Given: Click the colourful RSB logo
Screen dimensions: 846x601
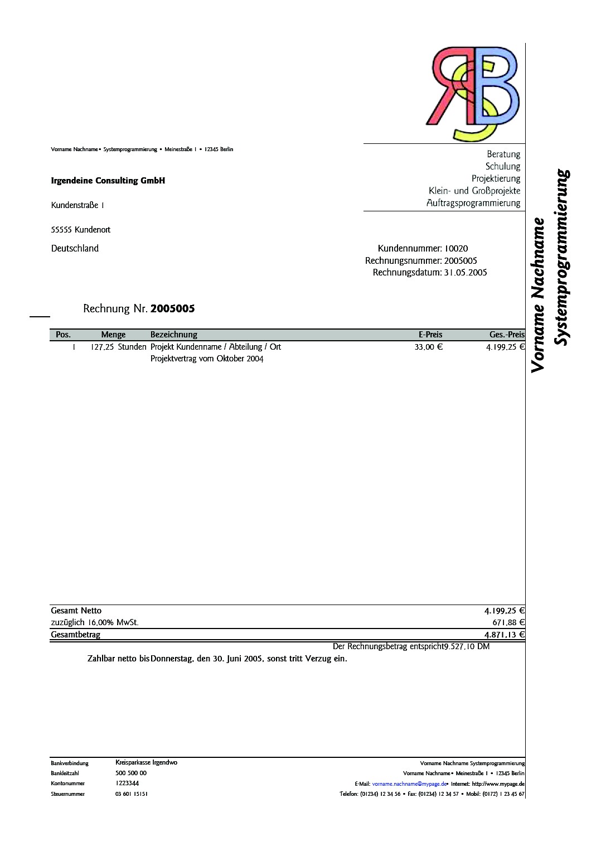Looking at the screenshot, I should (473, 93).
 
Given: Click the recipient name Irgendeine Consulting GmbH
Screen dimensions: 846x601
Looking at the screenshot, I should (108, 181).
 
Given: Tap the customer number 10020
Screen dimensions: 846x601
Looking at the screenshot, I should (456, 249).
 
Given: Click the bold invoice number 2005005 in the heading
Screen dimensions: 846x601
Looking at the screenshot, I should (172, 309).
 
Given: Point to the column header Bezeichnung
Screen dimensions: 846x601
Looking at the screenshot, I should (173, 335).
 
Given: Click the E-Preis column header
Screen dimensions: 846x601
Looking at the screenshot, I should (430, 335).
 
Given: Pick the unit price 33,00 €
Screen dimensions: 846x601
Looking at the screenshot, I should (428, 347).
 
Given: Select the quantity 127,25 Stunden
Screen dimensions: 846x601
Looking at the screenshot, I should (118, 347).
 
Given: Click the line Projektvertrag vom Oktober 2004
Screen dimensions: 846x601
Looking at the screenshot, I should (206, 359).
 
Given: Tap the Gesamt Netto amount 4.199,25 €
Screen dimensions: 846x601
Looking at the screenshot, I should (504, 611).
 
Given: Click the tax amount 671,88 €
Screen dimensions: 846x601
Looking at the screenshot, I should (508, 622).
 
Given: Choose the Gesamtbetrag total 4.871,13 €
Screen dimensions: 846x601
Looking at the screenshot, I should (504, 635).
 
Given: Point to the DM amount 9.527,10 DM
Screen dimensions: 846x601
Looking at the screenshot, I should (467, 646).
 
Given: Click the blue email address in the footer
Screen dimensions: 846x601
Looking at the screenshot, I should (409, 784).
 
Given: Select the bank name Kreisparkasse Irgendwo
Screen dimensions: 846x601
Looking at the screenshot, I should (146, 762).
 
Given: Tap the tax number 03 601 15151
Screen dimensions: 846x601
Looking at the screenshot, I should (132, 794).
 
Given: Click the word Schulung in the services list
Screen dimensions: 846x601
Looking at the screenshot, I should (502, 166).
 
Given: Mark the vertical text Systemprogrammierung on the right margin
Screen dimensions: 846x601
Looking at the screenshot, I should (562, 257).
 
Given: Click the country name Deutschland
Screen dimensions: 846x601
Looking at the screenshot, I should (75, 249).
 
